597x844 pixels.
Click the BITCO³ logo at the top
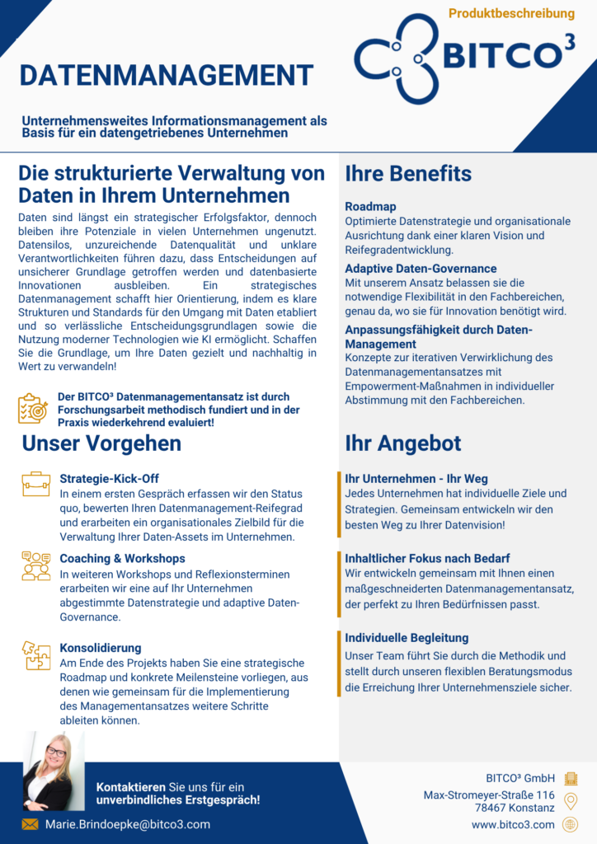464,56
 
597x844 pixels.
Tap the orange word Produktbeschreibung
511,13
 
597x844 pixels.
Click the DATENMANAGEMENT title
167,75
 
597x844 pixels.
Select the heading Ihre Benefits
408,174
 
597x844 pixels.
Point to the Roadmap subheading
370,207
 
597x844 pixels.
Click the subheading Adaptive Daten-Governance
421,269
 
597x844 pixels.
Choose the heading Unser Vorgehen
101,443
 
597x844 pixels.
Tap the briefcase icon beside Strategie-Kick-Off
36,484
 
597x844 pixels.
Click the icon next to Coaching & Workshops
36,565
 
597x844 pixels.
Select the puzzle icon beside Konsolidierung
36,655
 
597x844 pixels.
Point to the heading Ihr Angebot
403,443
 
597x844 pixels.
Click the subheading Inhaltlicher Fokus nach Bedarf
427,558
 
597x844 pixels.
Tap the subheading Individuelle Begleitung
407,638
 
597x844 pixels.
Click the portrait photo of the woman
54,771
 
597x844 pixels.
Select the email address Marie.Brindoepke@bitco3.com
128,824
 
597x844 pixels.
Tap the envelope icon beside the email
30,824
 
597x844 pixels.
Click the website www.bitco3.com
513,824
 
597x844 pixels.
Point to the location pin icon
570,801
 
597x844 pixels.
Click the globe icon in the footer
570,824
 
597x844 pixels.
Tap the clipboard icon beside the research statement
33,409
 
